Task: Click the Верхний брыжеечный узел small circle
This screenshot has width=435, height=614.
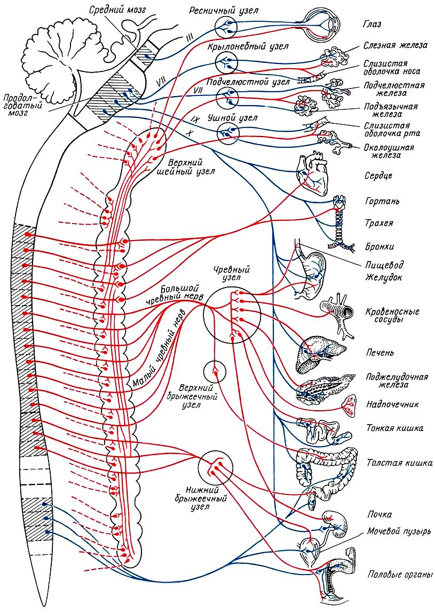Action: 215,371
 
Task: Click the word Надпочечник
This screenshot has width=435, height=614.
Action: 392,404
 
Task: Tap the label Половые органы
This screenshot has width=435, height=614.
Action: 393,575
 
